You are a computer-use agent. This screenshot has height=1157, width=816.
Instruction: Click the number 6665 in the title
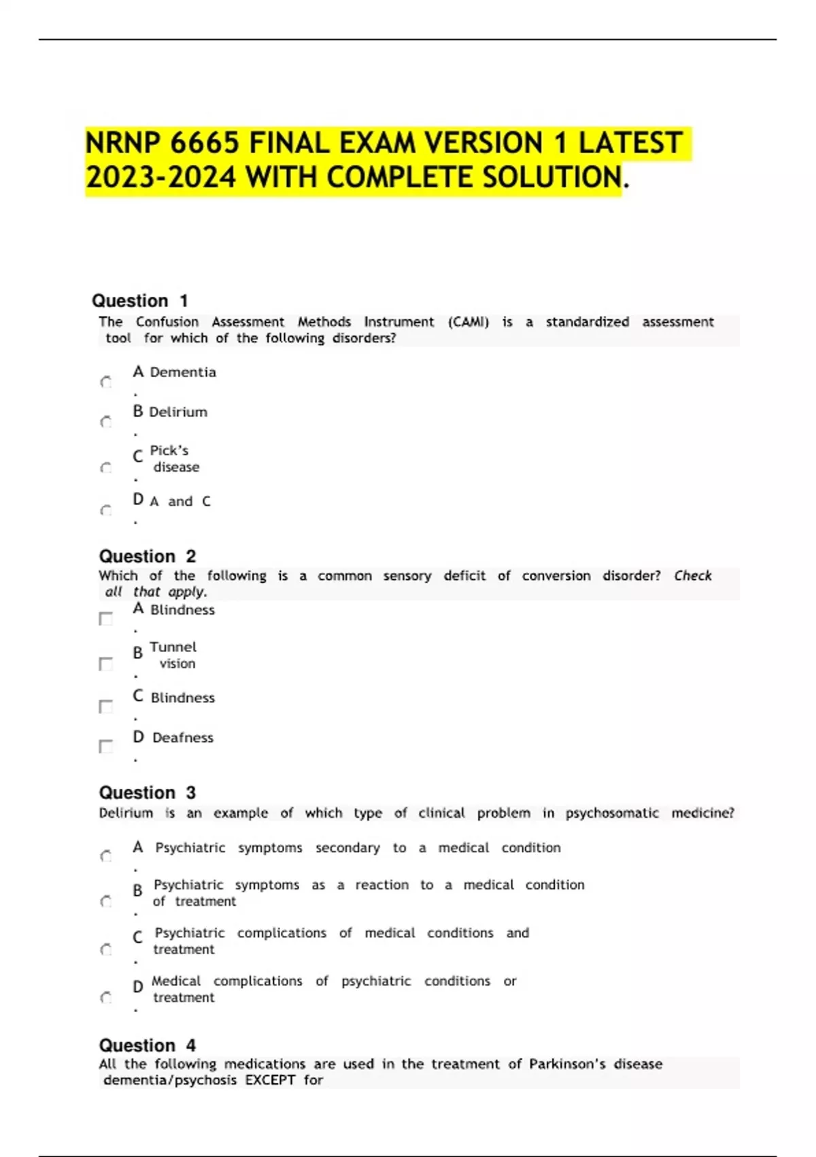[x=205, y=144]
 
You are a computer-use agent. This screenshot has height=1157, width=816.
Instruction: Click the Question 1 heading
[x=140, y=301]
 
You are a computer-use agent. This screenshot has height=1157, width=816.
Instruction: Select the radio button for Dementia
[x=106, y=382]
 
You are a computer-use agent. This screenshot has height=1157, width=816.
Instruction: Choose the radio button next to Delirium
[x=106, y=423]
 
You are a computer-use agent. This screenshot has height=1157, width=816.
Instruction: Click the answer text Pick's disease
[x=174, y=459]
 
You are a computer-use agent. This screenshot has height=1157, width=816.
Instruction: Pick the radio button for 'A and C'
[x=106, y=510]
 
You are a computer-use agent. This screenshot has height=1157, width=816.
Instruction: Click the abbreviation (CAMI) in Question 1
[x=468, y=322]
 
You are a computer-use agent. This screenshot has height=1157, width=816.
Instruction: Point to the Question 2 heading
[x=148, y=556]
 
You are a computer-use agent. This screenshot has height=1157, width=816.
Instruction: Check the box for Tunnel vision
[x=106, y=664]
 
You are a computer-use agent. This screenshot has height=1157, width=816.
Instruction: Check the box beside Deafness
[x=106, y=747]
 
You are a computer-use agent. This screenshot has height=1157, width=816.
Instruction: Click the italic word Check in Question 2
[x=692, y=576]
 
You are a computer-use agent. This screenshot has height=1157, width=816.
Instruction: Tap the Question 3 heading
[x=148, y=793]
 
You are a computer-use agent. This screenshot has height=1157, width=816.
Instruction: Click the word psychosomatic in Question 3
[x=612, y=813]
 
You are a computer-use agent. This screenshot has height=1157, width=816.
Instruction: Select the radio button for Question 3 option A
[x=106, y=856]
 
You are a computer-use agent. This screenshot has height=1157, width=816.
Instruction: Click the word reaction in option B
[x=382, y=885]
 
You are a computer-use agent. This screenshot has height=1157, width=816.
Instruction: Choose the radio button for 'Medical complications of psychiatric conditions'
[x=106, y=998]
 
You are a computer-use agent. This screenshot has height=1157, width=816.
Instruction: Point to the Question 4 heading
[x=148, y=1045]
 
